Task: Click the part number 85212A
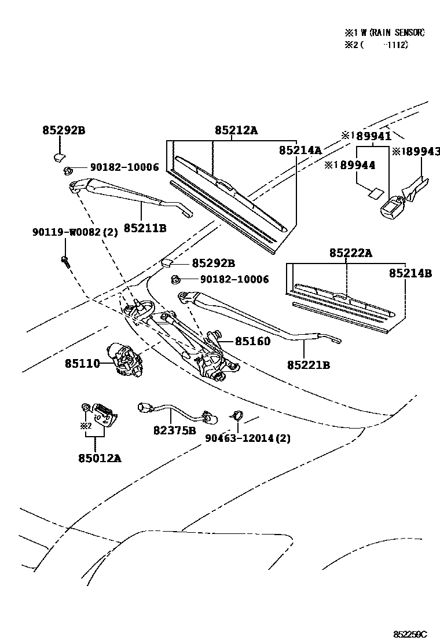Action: (236, 131)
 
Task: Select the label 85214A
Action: (300, 150)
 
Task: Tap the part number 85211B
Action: (145, 228)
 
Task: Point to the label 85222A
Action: (351, 253)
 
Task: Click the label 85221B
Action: (309, 365)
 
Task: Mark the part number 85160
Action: (252, 342)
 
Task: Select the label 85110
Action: (82, 364)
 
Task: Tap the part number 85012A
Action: (100, 458)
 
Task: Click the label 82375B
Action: (175, 430)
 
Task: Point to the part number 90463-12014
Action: (241, 438)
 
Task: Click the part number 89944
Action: (358, 165)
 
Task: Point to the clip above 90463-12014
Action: (236, 415)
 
